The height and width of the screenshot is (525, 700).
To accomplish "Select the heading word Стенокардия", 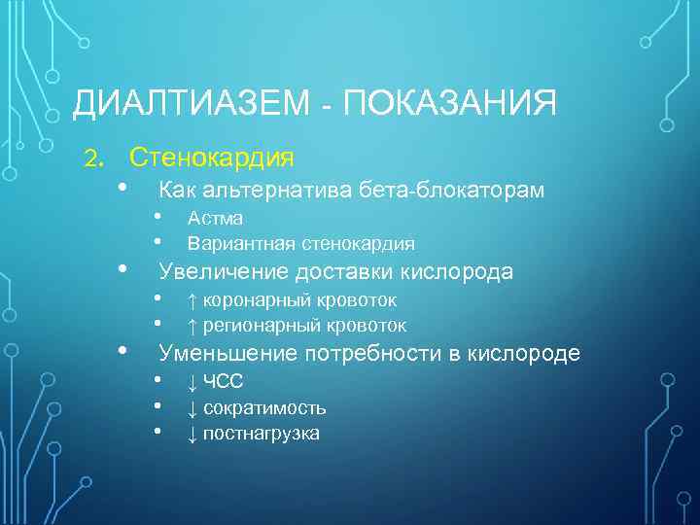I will (212, 156).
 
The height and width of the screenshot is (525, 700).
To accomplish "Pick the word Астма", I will (215, 218).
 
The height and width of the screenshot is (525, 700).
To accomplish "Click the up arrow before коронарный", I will (192, 300).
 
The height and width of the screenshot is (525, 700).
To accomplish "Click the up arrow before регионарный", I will (192, 326).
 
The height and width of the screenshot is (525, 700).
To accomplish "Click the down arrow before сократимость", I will (192, 407).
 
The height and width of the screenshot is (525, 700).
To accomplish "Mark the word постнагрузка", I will (261, 433).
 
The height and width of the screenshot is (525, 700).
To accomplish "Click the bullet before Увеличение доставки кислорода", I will (122, 269).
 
